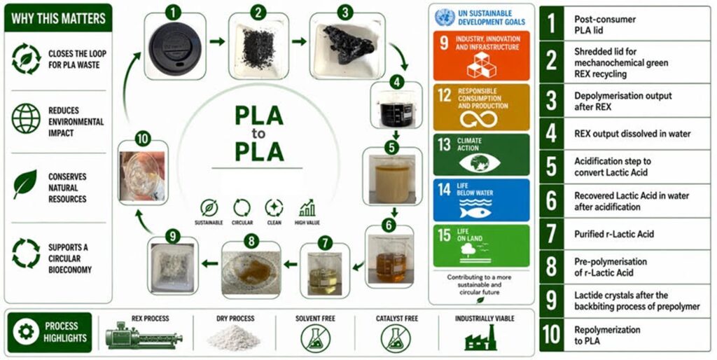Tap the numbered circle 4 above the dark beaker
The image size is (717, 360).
pyautogui.click(x=396, y=83)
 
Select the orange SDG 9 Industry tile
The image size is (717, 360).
pyautogui.click(x=482, y=56)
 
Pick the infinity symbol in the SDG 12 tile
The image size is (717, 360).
pyautogui.click(x=478, y=119)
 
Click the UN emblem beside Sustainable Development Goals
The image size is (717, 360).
pyautogui.click(x=445, y=18)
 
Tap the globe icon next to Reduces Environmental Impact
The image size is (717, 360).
pyautogui.click(x=27, y=118)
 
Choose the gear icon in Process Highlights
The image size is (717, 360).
pyautogui.click(x=26, y=332)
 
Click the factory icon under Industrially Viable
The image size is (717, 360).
pyautogui.click(x=480, y=338)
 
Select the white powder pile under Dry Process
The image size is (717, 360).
pyautogui.click(x=233, y=338)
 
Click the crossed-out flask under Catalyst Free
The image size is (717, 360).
pyautogui.click(x=396, y=338)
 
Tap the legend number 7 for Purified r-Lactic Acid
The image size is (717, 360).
pyautogui.click(x=552, y=234)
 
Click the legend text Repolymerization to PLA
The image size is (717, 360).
pyautogui.click(x=607, y=335)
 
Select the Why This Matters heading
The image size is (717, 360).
pyautogui.click(x=58, y=19)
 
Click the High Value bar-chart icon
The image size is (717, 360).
pyautogui.click(x=307, y=208)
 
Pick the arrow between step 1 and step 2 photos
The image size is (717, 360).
pyautogui.click(x=217, y=41)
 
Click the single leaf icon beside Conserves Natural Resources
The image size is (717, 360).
pyautogui.click(x=25, y=184)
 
